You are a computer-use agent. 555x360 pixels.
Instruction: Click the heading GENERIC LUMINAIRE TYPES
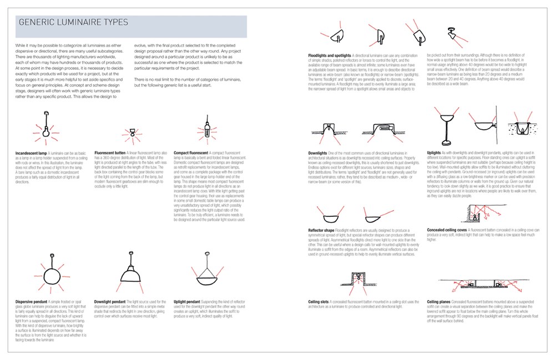coord(73,23)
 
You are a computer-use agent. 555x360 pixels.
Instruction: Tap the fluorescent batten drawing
coord(133,133)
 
